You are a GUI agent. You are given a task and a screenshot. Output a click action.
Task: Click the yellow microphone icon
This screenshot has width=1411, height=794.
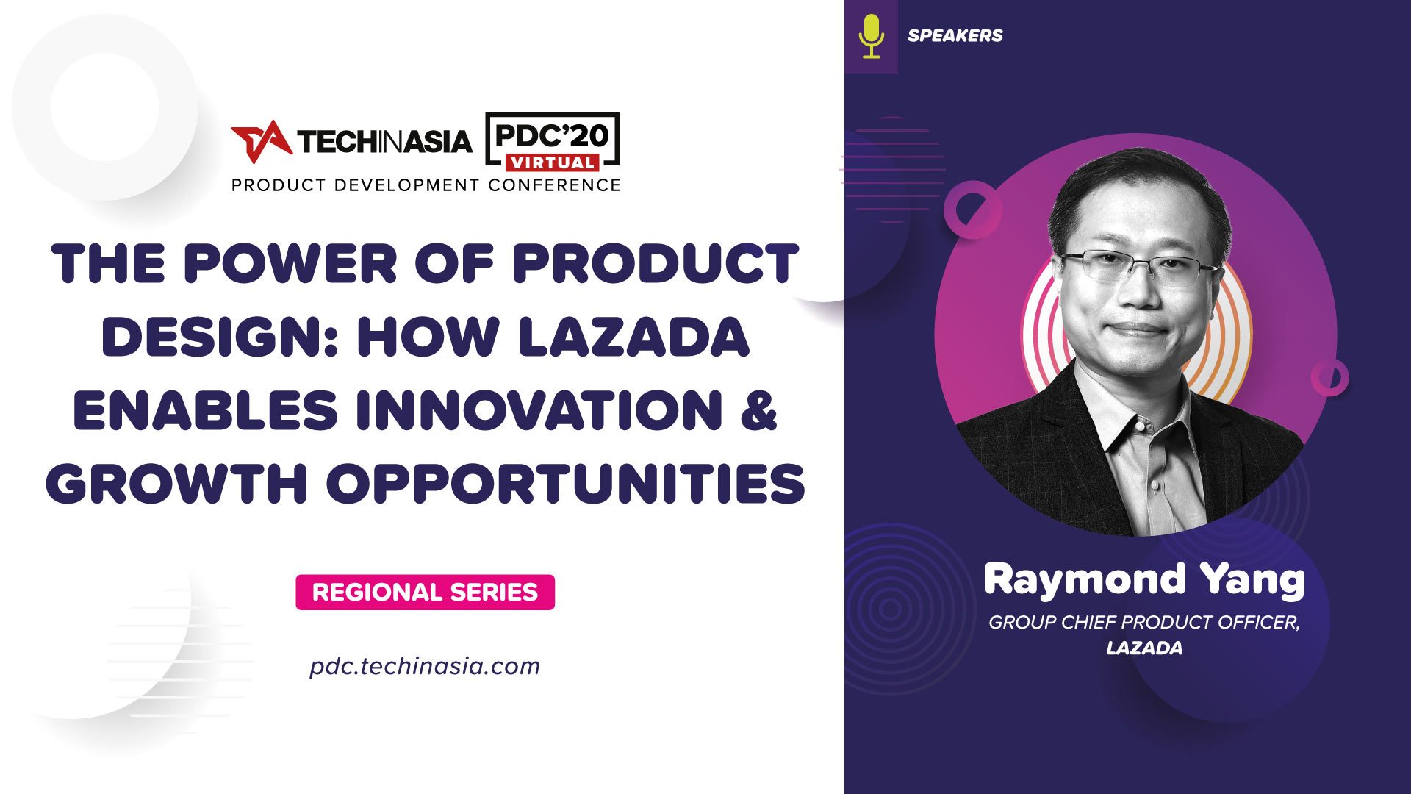pyautogui.click(x=872, y=36)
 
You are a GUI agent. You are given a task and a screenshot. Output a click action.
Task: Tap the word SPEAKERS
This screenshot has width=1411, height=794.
pyautogui.click(x=955, y=35)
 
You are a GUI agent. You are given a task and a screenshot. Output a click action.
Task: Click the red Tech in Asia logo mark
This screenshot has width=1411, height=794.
pyautogui.click(x=261, y=140)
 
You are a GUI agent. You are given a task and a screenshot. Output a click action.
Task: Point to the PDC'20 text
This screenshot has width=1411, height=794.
pyautogui.click(x=552, y=135)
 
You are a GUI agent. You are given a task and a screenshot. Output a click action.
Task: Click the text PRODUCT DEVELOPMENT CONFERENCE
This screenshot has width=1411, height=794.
pyautogui.click(x=426, y=185)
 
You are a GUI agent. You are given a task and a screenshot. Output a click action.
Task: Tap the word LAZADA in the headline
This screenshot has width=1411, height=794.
pyautogui.click(x=633, y=337)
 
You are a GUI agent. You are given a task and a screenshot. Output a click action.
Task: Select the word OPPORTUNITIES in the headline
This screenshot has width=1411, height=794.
pyautogui.click(x=566, y=484)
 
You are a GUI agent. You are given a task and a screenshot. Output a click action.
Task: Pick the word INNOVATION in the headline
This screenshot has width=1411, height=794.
pyautogui.click(x=539, y=409)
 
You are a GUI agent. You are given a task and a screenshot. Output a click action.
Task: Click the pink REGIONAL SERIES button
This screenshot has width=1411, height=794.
pyautogui.click(x=425, y=592)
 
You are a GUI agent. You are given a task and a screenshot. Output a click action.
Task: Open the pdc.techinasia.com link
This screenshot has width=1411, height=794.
pyautogui.click(x=425, y=666)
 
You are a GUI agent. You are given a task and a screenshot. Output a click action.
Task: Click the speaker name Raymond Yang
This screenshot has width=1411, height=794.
pyautogui.click(x=1143, y=579)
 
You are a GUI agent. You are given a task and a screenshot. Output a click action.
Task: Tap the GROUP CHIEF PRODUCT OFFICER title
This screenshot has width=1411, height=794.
pyautogui.click(x=1143, y=622)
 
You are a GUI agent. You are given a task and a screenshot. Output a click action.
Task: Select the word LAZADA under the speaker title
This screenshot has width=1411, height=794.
pyautogui.click(x=1144, y=648)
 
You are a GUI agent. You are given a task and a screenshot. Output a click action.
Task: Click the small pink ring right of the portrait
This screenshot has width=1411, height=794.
pyautogui.click(x=1329, y=378)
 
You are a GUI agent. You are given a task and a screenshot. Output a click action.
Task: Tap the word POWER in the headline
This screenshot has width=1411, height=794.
pyautogui.click(x=291, y=263)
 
